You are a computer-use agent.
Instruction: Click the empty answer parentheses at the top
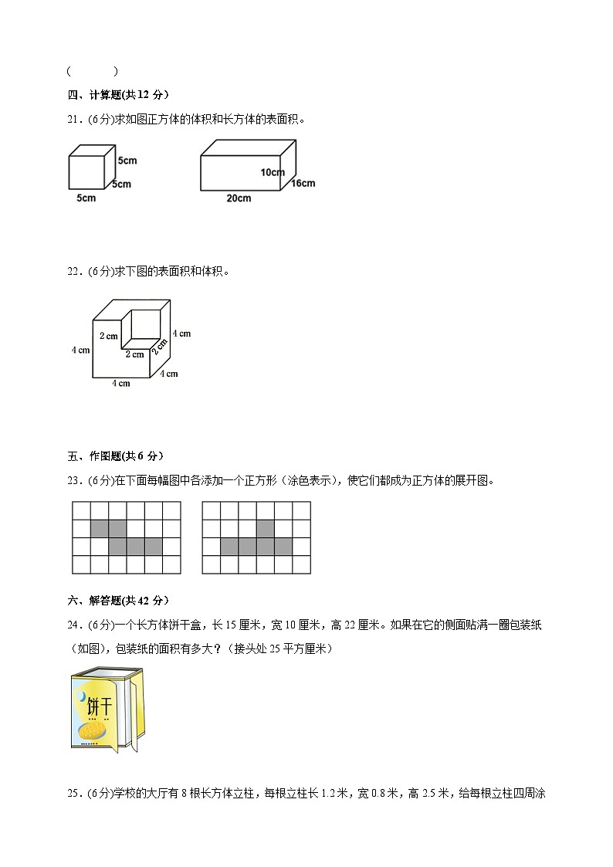coord(93,72)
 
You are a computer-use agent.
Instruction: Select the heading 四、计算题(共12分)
coord(118,95)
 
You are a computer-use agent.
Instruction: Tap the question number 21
coord(74,119)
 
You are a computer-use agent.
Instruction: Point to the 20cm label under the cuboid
coord(239,198)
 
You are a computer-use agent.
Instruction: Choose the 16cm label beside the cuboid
coord(303,183)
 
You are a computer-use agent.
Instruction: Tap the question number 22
coord(74,271)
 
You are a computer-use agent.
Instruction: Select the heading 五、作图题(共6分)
coord(115,456)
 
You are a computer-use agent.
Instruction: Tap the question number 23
coord(74,480)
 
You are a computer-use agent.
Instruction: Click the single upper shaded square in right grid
coord(266,529)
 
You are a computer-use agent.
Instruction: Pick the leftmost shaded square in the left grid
coord(100,529)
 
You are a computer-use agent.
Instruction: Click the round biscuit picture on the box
coord(91,730)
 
